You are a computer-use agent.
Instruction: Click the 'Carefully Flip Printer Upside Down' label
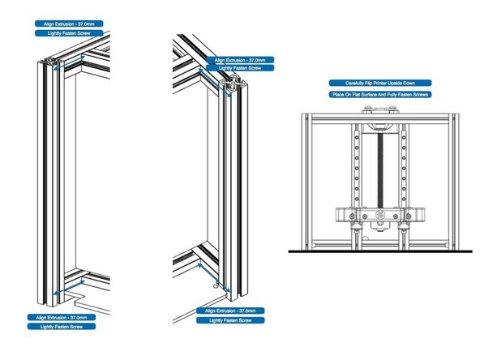point(380,83)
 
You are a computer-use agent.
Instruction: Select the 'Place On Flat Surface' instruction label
point(380,94)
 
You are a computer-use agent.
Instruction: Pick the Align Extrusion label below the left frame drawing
point(60,316)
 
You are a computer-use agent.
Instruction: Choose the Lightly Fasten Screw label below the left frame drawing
point(60,327)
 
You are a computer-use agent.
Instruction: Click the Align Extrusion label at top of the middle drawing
point(242,60)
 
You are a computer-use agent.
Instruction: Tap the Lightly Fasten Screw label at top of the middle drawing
point(242,71)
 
